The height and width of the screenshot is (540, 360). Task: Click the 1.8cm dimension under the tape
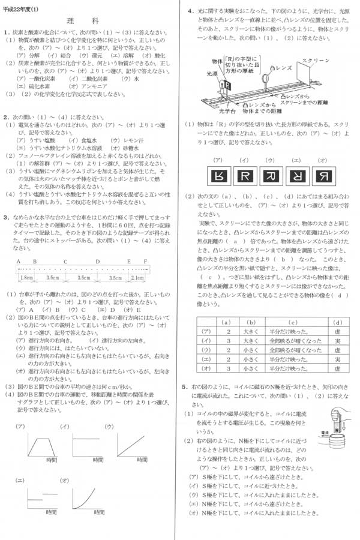tap(26, 278)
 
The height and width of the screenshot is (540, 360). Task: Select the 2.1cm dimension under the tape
tap(137, 278)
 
